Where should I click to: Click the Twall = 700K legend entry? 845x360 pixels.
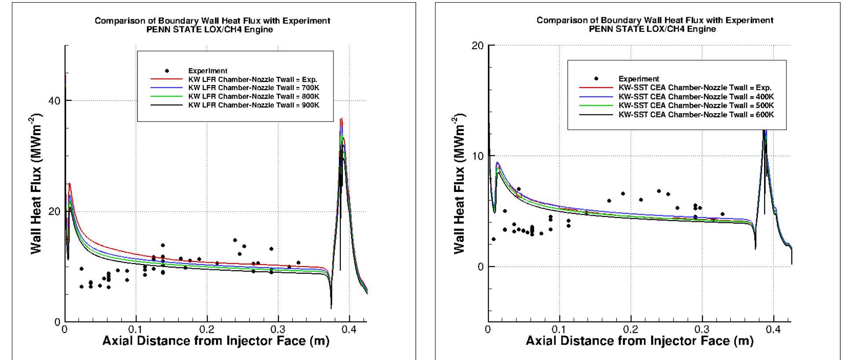pyautogui.click(x=254, y=88)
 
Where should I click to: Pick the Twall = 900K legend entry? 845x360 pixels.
pyautogui.click(x=254, y=105)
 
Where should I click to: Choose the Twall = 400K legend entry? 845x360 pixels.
pyautogui.click(x=696, y=96)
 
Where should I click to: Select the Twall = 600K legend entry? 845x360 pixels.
pyautogui.click(x=696, y=114)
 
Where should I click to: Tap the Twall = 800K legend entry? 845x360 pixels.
pyautogui.click(x=254, y=96)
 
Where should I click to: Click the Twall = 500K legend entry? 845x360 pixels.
pyautogui.click(x=696, y=105)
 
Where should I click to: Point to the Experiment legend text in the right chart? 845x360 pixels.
pyautogui.click(x=639, y=79)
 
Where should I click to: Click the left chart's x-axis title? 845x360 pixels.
pyautogui.click(x=216, y=341)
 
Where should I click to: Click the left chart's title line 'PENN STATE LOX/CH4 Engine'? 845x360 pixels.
pyautogui.click(x=212, y=30)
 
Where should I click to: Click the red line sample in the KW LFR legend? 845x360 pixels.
pyautogui.click(x=166, y=79)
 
